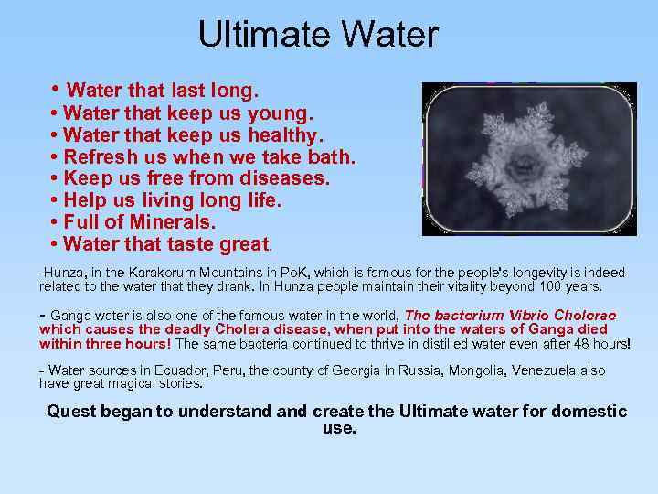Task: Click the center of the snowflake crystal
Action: (x=524, y=165)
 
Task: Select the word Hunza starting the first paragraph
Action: (x=61, y=274)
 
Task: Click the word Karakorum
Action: (x=164, y=274)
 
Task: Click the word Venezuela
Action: (x=545, y=370)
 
